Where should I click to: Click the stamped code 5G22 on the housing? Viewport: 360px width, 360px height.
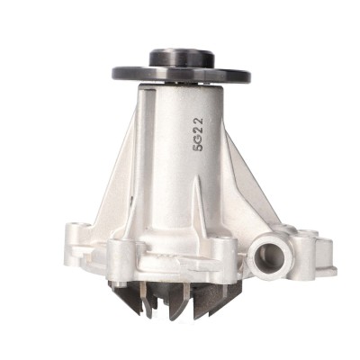[198, 134]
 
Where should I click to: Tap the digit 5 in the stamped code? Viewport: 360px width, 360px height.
[198, 147]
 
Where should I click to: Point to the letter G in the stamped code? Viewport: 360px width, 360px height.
[198, 139]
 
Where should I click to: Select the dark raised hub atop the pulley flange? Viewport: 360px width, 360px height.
[182, 58]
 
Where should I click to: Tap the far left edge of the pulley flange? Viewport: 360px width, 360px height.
[113, 73]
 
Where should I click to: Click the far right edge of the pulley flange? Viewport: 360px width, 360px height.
[249, 74]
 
